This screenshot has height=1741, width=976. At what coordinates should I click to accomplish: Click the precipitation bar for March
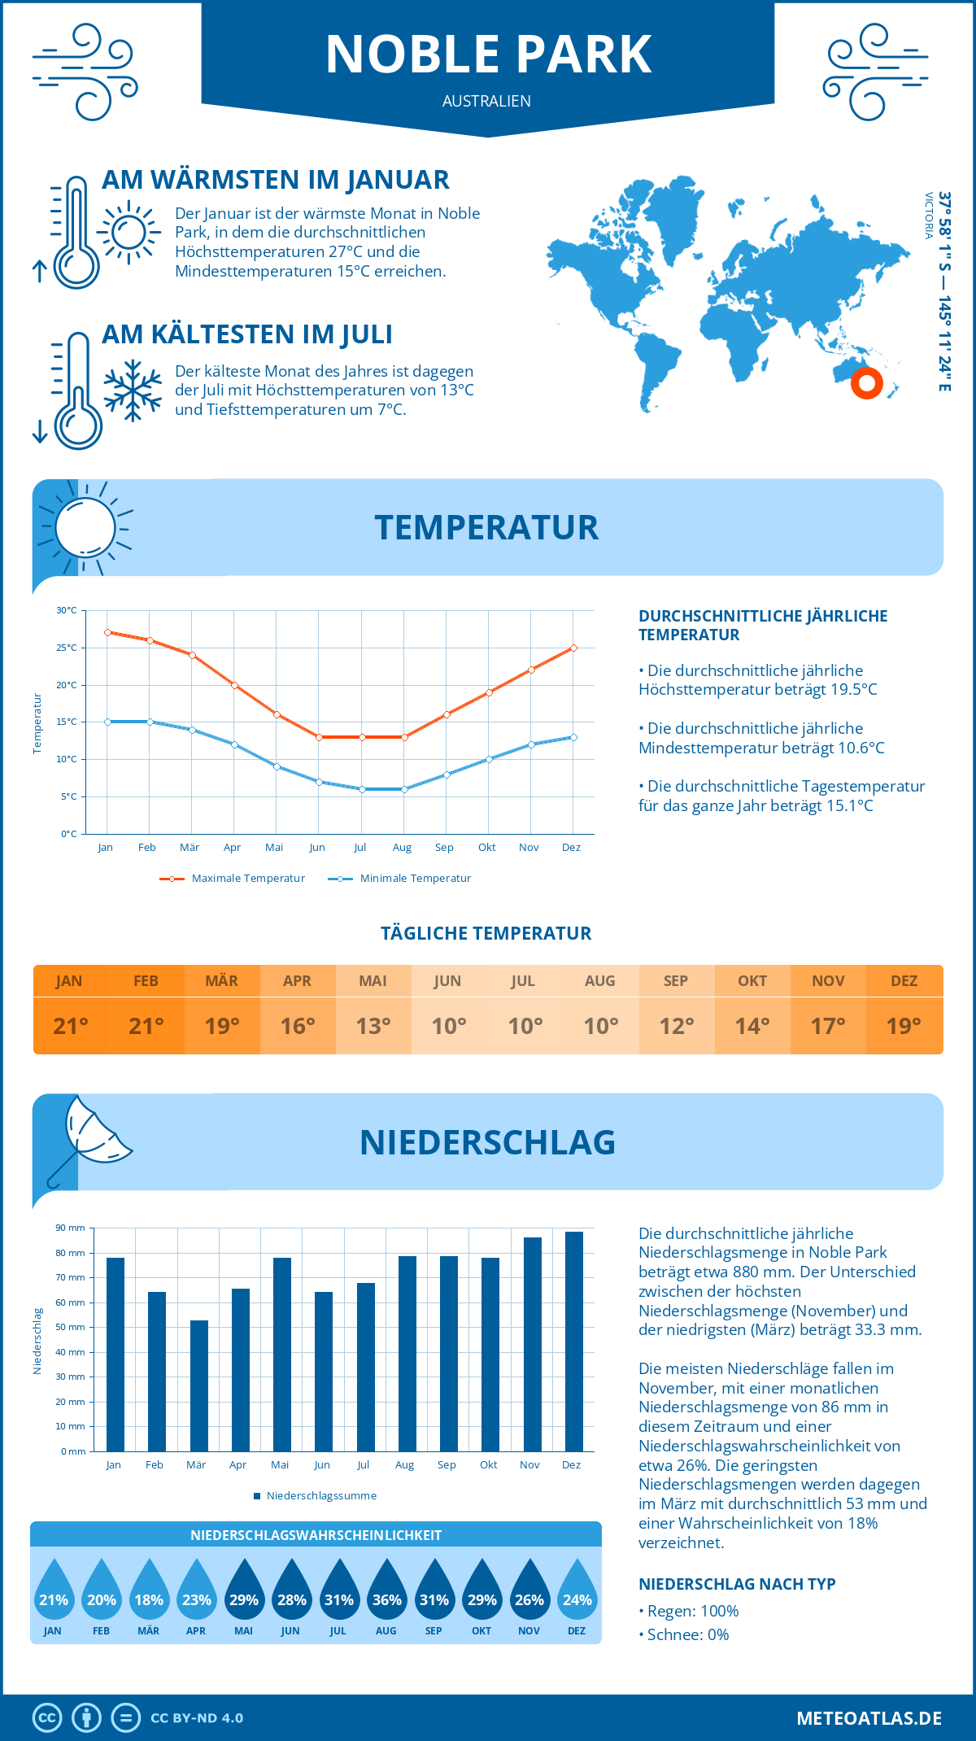point(199,1385)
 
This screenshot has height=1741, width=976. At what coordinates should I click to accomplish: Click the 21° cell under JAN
point(71,1026)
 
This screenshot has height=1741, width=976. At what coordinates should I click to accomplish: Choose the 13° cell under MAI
point(373,1026)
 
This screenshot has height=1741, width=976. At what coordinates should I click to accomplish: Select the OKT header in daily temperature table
point(752,980)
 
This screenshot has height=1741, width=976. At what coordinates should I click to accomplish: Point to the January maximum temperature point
point(107,632)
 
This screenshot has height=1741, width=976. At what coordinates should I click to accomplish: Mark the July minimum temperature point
point(362,789)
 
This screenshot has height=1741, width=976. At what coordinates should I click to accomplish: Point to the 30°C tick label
point(67,610)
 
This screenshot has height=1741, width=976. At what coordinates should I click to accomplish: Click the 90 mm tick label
point(71,1228)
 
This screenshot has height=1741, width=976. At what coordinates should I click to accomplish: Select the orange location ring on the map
point(867,382)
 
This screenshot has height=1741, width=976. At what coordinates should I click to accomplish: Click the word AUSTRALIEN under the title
point(486,101)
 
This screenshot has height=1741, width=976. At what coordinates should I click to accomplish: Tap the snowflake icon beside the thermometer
point(133,391)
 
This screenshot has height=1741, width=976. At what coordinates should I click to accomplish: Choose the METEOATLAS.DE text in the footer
point(869,1718)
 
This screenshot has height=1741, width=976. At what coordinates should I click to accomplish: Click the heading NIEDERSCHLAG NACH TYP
point(737,1584)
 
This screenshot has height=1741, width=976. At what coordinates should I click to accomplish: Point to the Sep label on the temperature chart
point(444,848)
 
